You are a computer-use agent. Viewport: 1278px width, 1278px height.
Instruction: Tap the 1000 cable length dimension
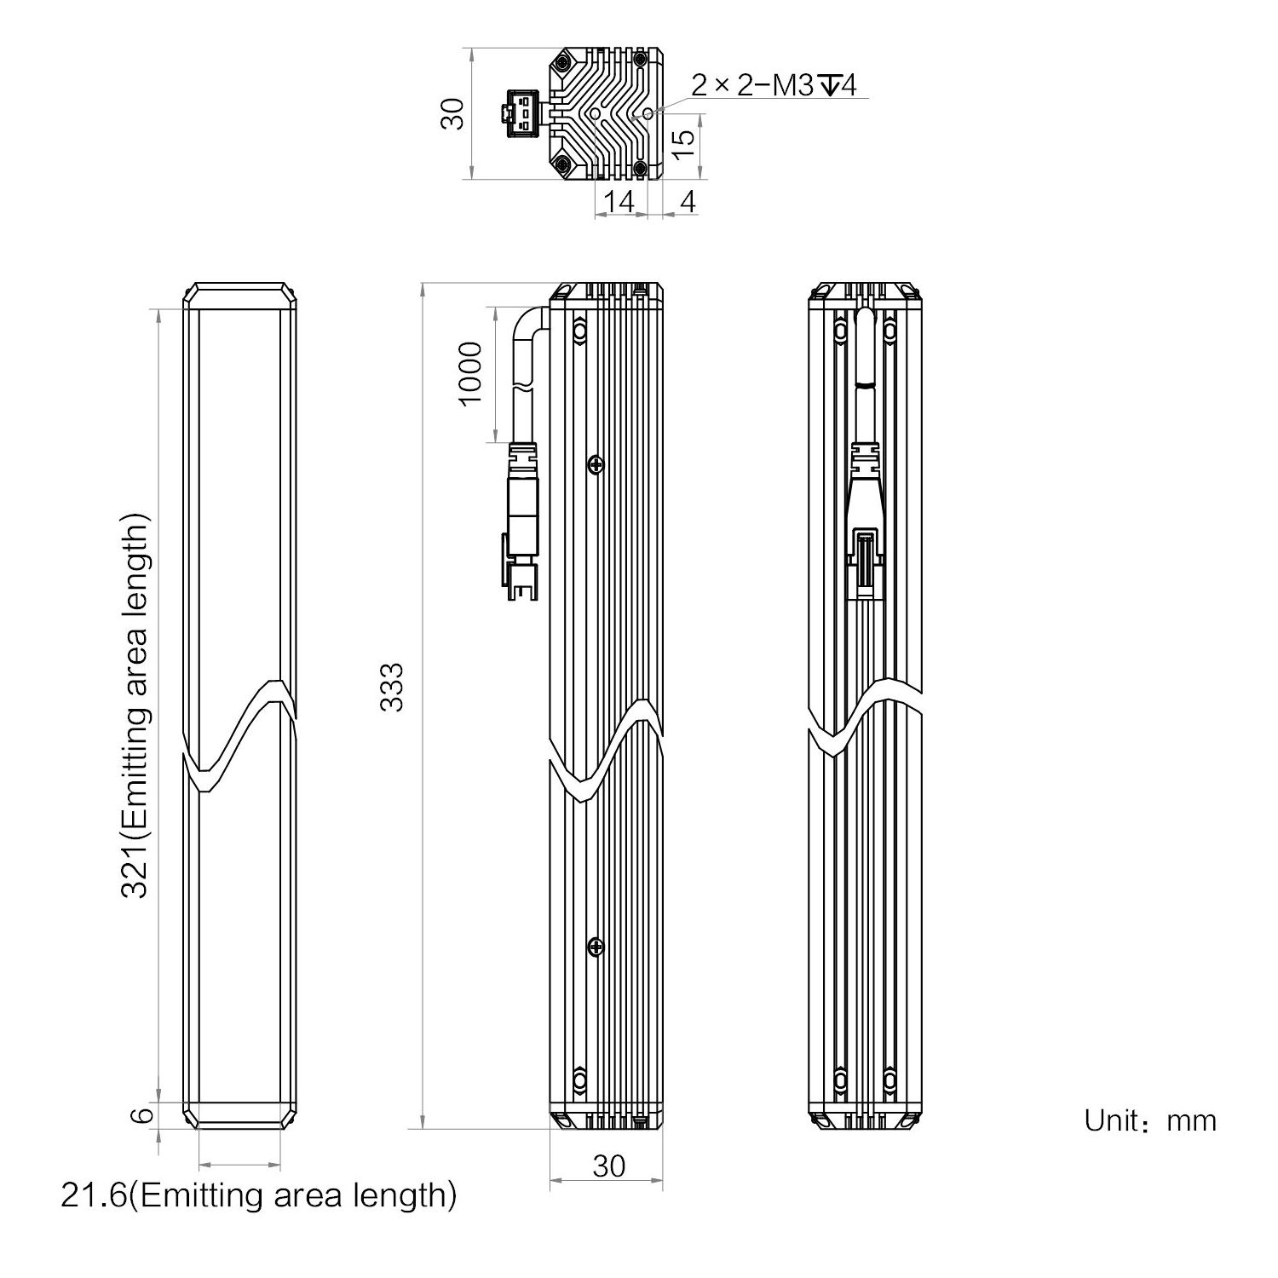470,374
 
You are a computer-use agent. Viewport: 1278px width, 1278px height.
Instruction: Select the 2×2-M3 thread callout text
773,84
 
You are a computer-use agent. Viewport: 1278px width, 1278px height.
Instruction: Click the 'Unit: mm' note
1149,1120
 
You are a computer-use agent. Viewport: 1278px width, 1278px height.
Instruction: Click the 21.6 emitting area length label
259,1195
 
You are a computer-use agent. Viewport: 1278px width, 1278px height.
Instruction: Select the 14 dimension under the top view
619,202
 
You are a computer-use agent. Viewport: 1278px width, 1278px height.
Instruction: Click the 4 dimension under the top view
688,202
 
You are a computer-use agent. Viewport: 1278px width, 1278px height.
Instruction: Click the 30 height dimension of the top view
455,113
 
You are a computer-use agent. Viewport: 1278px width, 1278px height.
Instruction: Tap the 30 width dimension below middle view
608,1166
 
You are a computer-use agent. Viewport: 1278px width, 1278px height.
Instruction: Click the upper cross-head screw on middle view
596,464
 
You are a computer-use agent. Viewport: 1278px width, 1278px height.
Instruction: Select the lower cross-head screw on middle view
596,947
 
